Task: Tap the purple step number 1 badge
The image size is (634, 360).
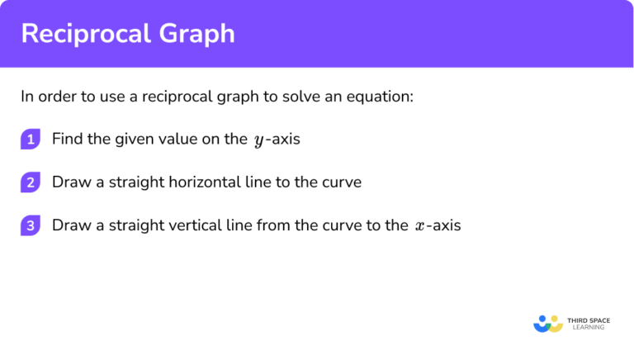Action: [x=31, y=139]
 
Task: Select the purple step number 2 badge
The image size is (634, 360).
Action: [x=31, y=182]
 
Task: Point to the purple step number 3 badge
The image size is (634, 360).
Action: [x=31, y=225]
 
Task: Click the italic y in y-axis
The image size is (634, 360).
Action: [x=258, y=140]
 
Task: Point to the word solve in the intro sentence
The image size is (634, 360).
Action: [x=310, y=96]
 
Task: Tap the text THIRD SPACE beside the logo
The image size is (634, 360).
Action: [x=593, y=319]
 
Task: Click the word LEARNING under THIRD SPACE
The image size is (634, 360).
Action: [x=588, y=328]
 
